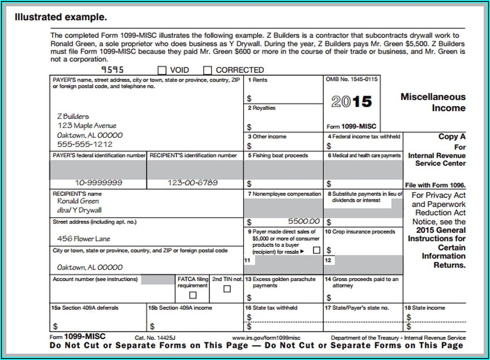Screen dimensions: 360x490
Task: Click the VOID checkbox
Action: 162,70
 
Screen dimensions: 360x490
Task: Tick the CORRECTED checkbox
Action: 208,70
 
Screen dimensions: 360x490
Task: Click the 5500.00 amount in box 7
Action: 304,221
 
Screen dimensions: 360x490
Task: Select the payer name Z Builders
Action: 73,117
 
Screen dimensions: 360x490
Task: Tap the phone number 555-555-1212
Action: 85,144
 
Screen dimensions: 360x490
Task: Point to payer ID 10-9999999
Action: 99,183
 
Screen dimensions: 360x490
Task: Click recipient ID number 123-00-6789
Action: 193,183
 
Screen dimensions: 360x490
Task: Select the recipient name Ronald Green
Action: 78,201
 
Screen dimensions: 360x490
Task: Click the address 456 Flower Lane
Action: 84,239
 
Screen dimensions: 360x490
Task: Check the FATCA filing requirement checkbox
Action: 193,295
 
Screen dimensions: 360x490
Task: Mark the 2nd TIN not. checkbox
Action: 227,289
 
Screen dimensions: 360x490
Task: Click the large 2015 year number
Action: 352,102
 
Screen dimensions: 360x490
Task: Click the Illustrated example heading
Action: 61,18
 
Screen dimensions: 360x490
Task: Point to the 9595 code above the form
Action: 113,70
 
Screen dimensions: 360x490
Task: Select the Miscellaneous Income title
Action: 433,102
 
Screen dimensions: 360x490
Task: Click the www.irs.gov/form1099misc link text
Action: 266,337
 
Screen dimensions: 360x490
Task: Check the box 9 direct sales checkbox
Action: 316,251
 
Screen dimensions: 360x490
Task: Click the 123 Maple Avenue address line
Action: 87,126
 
